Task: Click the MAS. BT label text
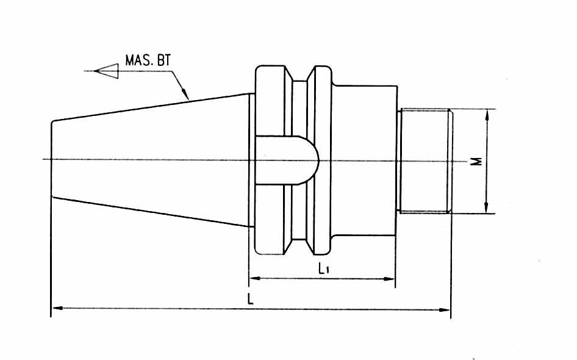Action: click(x=148, y=60)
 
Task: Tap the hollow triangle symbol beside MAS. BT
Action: click(x=106, y=71)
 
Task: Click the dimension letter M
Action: click(x=478, y=161)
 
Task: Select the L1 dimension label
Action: click(x=323, y=269)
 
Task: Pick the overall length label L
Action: click(x=251, y=299)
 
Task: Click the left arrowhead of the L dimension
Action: click(x=57, y=308)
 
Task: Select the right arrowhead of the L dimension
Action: click(x=445, y=309)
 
